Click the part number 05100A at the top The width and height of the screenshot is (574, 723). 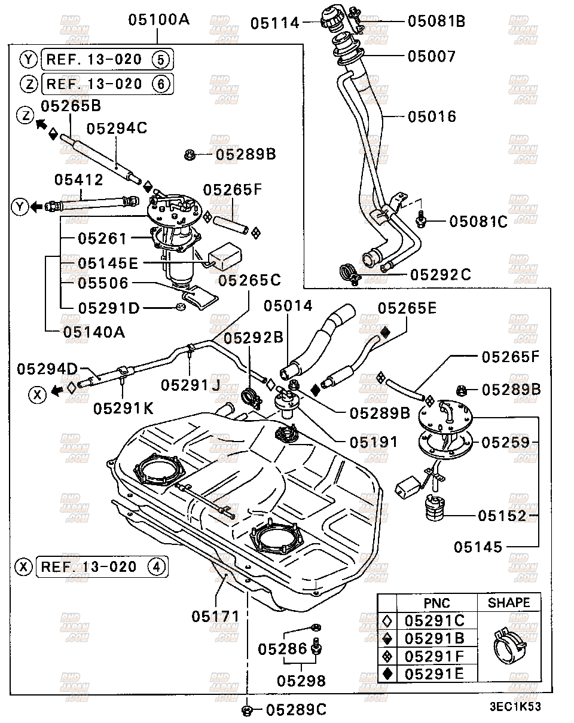[x=158, y=20]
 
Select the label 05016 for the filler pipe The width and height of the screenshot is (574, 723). [x=432, y=116]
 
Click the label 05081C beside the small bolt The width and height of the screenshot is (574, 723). [x=478, y=222]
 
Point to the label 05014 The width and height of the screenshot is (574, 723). [x=289, y=306]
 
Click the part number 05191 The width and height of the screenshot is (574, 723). [x=374, y=442]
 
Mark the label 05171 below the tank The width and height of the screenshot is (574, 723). [x=215, y=615]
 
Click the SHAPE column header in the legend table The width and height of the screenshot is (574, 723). [x=508, y=603]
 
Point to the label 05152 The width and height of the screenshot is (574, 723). [x=502, y=516]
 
